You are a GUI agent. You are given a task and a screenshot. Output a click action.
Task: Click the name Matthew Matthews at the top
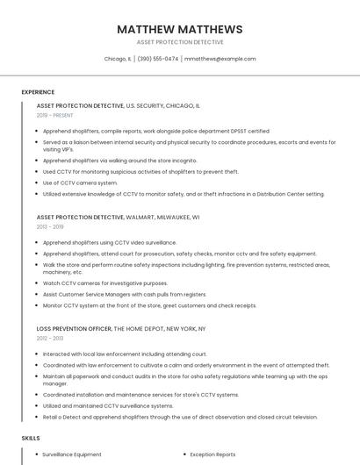click(180, 29)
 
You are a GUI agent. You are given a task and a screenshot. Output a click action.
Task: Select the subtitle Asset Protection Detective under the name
click(180, 42)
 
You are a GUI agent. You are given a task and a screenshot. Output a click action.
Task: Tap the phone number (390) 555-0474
click(158, 59)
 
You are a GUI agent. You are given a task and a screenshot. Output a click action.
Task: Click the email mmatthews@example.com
click(220, 59)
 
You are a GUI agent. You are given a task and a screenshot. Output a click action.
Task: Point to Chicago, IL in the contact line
click(118, 59)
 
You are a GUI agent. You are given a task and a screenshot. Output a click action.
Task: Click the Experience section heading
click(38, 92)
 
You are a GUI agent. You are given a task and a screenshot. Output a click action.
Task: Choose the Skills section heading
click(31, 437)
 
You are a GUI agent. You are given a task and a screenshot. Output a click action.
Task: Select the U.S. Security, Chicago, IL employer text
click(163, 105)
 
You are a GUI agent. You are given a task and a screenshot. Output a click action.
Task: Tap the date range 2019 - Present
click(54, 115)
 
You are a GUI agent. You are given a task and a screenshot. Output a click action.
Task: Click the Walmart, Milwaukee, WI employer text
click(163, 217)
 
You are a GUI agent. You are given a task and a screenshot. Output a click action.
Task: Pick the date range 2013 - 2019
click(50, 226)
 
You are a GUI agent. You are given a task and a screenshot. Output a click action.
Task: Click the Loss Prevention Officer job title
click(74, 328)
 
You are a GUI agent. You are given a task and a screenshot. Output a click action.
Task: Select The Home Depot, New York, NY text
click(160, 328)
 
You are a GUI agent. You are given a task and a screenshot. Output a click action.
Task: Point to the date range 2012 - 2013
click(50, 338)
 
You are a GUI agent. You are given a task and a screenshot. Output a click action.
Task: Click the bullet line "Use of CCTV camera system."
click(80, 182)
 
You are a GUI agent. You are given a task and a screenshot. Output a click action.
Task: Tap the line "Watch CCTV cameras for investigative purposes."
click(104, 283)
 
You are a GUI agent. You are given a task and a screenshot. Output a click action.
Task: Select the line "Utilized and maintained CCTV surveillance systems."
click(108, 406)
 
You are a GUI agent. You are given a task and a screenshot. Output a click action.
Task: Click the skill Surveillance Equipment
click(72, 454)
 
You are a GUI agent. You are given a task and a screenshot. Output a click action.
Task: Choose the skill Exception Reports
click(212, 454)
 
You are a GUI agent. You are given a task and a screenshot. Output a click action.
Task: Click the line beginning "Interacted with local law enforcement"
click(125, 354)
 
